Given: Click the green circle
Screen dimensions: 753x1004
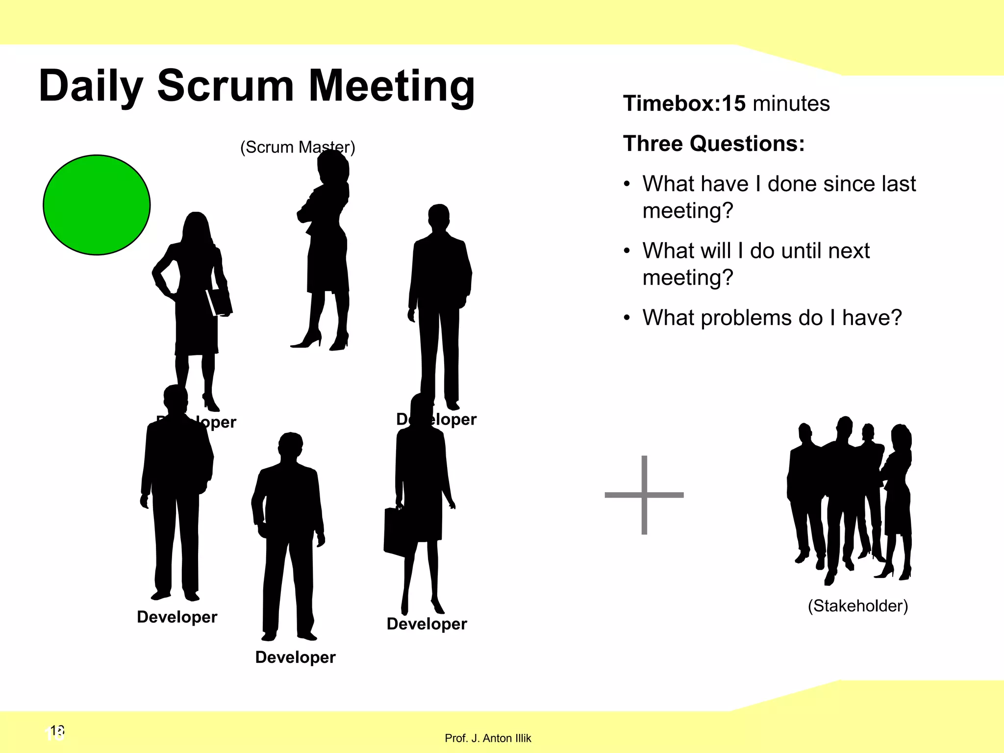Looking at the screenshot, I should [x=97, y=205].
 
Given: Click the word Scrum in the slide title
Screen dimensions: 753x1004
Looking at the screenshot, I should [x=225, y=86].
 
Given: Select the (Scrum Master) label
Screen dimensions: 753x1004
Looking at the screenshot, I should [x=297, y=147].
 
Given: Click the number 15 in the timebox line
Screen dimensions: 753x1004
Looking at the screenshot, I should [x=733, y=103].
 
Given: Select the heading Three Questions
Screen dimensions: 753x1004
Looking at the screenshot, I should [x=713, y=144].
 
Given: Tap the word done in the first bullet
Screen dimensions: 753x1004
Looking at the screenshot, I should [x=792, y=184].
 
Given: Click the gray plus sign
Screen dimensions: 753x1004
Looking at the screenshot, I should [x=644, y=495].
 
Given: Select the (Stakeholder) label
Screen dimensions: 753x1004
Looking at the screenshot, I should [x=857, y=606].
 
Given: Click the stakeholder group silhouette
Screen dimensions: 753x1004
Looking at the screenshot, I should [x=849, y=500].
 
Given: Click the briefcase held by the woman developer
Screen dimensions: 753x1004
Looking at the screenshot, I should [x=395, y=532].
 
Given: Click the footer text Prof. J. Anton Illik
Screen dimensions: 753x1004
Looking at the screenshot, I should [x=488, y=738].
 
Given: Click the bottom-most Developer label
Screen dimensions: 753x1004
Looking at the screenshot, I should [x=295, y=657].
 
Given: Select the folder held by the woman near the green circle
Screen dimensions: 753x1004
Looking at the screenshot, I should [x=219, y=301].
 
